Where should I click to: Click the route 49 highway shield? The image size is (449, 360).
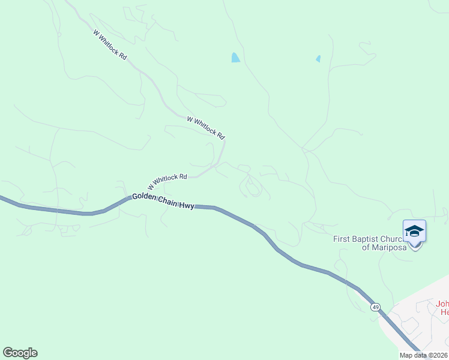coord(375,307)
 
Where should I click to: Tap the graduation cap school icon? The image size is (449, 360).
coord(414,231)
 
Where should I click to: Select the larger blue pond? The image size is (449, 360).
coord(236,58)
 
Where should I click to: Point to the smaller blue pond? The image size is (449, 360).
coord(318,59)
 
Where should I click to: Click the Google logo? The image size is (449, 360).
coord(20,353)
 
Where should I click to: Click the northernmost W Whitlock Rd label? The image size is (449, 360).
coord(110,45)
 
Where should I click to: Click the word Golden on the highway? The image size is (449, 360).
coord(145,197)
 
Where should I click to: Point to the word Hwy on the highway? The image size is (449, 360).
coord(187,206)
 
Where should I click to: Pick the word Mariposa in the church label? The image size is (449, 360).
coord(390,247)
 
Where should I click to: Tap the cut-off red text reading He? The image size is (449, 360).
coord(444,312)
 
